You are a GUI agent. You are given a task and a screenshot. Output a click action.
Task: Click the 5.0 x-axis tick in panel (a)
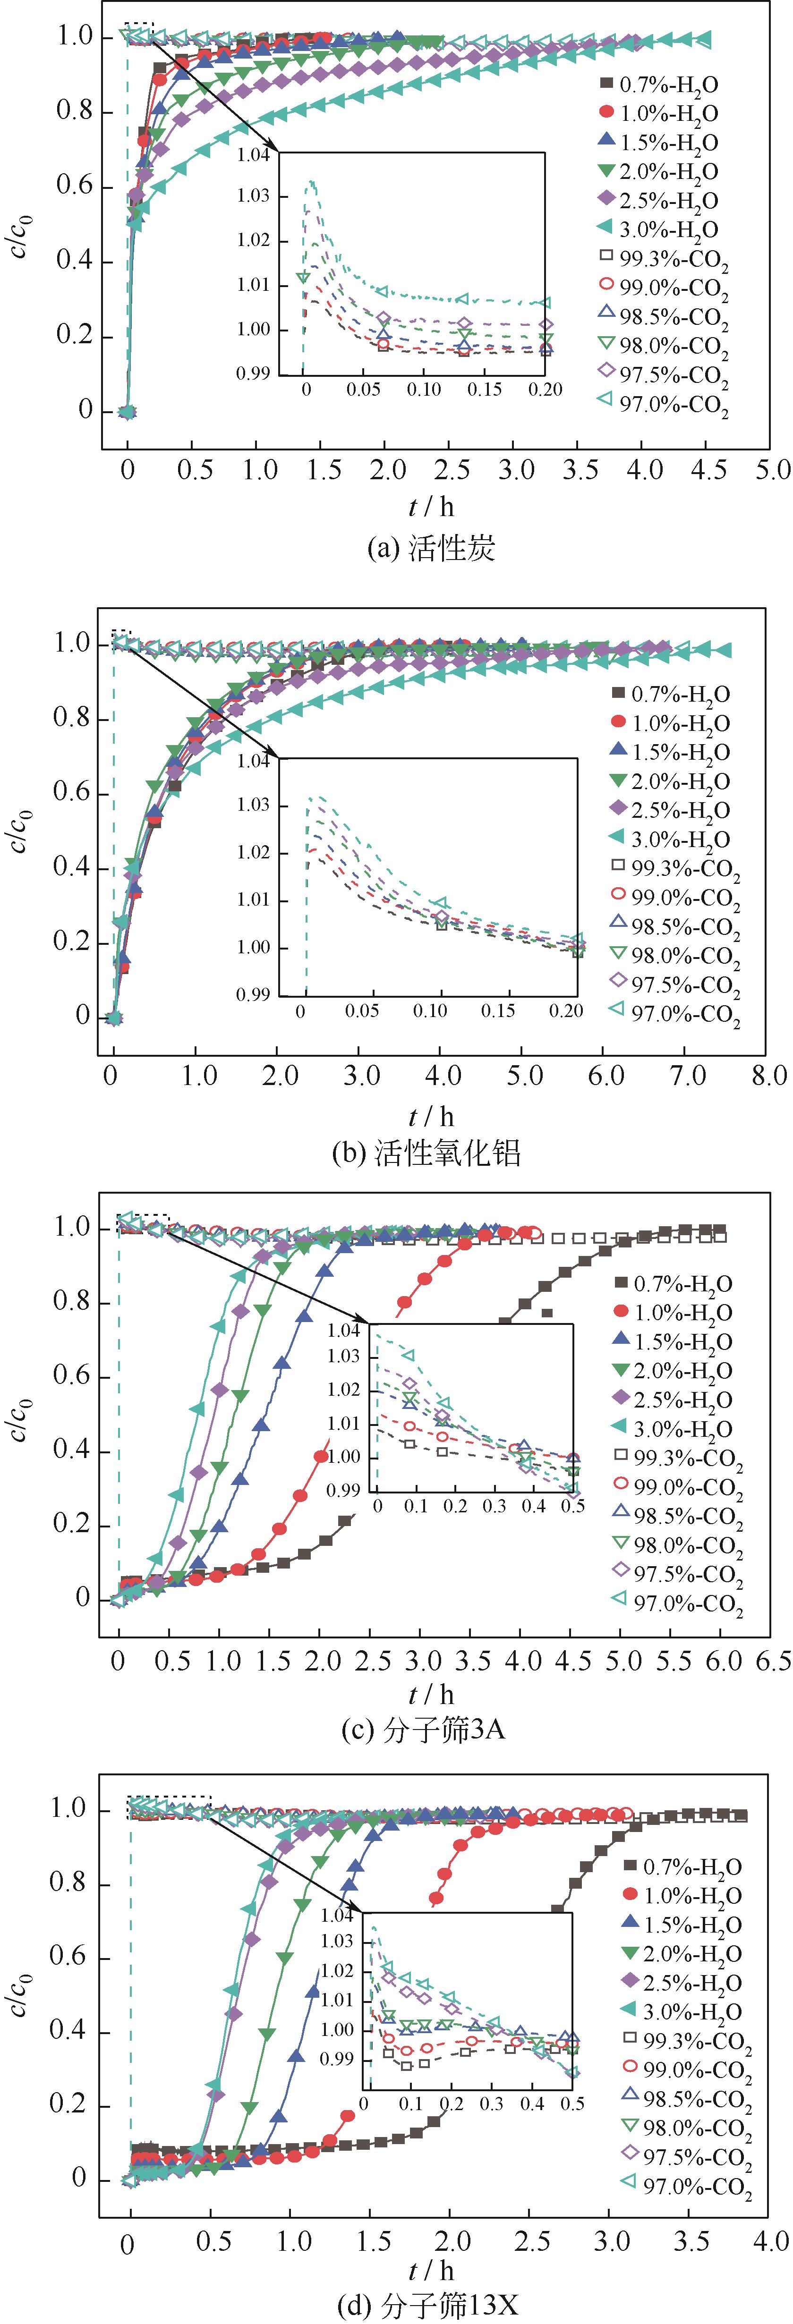pos(772,470)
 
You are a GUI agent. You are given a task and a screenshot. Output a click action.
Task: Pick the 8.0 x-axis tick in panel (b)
pos(768,1076)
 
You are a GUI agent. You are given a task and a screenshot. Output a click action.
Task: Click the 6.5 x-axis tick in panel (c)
pos(772,1661)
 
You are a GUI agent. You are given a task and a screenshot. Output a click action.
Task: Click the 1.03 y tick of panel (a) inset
pos(254,196)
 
